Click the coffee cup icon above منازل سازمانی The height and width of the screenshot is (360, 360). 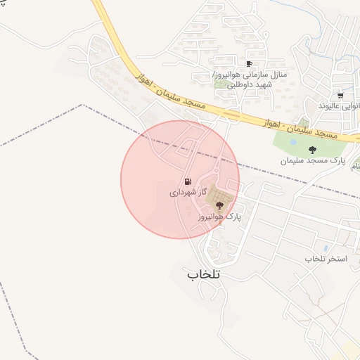click(249, 64)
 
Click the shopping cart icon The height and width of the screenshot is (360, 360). click(340, 95)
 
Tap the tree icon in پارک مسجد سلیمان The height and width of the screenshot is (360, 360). click(312, 148)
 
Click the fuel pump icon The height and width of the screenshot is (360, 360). click(187, 182)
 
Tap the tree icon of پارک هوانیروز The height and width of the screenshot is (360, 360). click(220, 205)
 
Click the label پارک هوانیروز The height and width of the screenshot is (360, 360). click(219, 217)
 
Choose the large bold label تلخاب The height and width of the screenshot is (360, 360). click(203, 274)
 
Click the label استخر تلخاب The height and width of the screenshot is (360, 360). click(326, 259)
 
